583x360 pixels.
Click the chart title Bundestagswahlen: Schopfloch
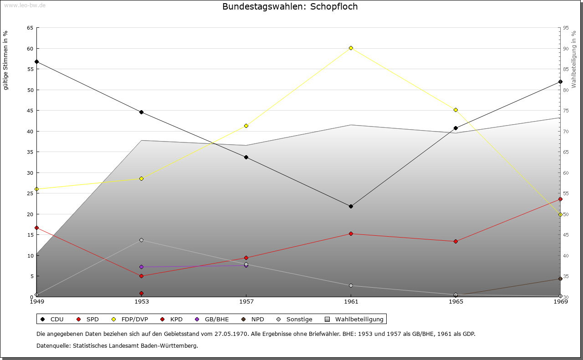[290, 6]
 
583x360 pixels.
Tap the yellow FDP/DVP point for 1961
[351, 48]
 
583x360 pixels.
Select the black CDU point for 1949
[36, 61]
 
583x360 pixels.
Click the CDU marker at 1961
[351, 206]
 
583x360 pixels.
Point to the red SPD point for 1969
[560, 199]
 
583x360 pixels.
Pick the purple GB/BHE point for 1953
[141, 267]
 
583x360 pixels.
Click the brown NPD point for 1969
[560, 279]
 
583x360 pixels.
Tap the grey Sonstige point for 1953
[141, 240]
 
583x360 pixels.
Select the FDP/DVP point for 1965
[455, 110]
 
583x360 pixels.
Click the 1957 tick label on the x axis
[246, 301]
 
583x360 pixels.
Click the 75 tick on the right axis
[566, 111]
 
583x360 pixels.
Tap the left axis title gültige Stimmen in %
[6, 60]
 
